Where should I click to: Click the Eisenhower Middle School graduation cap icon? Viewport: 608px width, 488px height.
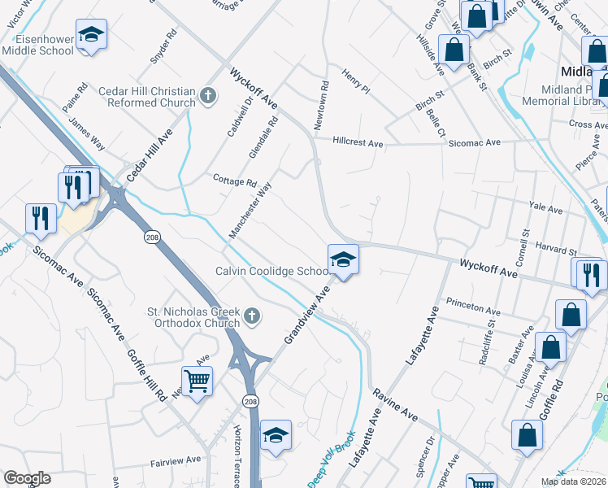(x=92, y=36)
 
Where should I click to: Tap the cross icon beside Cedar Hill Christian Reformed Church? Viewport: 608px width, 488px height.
(x=208, y=96)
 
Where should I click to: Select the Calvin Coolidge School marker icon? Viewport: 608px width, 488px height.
(x=343, y=261)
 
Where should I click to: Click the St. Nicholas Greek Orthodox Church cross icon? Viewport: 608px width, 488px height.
(x=252, y=315)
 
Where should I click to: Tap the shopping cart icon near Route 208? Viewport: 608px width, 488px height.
(x=197, y=380)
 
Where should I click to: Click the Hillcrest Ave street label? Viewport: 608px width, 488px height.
(x=358, y=142)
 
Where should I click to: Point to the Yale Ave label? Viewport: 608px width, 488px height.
(x=545, y=209)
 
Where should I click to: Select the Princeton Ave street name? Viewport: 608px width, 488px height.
(x=472, y=311)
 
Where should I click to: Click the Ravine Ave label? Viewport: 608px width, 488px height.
(x=395, y=405)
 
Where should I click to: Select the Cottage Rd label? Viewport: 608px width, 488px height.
(x=234, y=181)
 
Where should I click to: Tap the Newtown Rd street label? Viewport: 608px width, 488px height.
(x=322, y=105)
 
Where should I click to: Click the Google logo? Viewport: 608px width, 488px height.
(x=27, y=478)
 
